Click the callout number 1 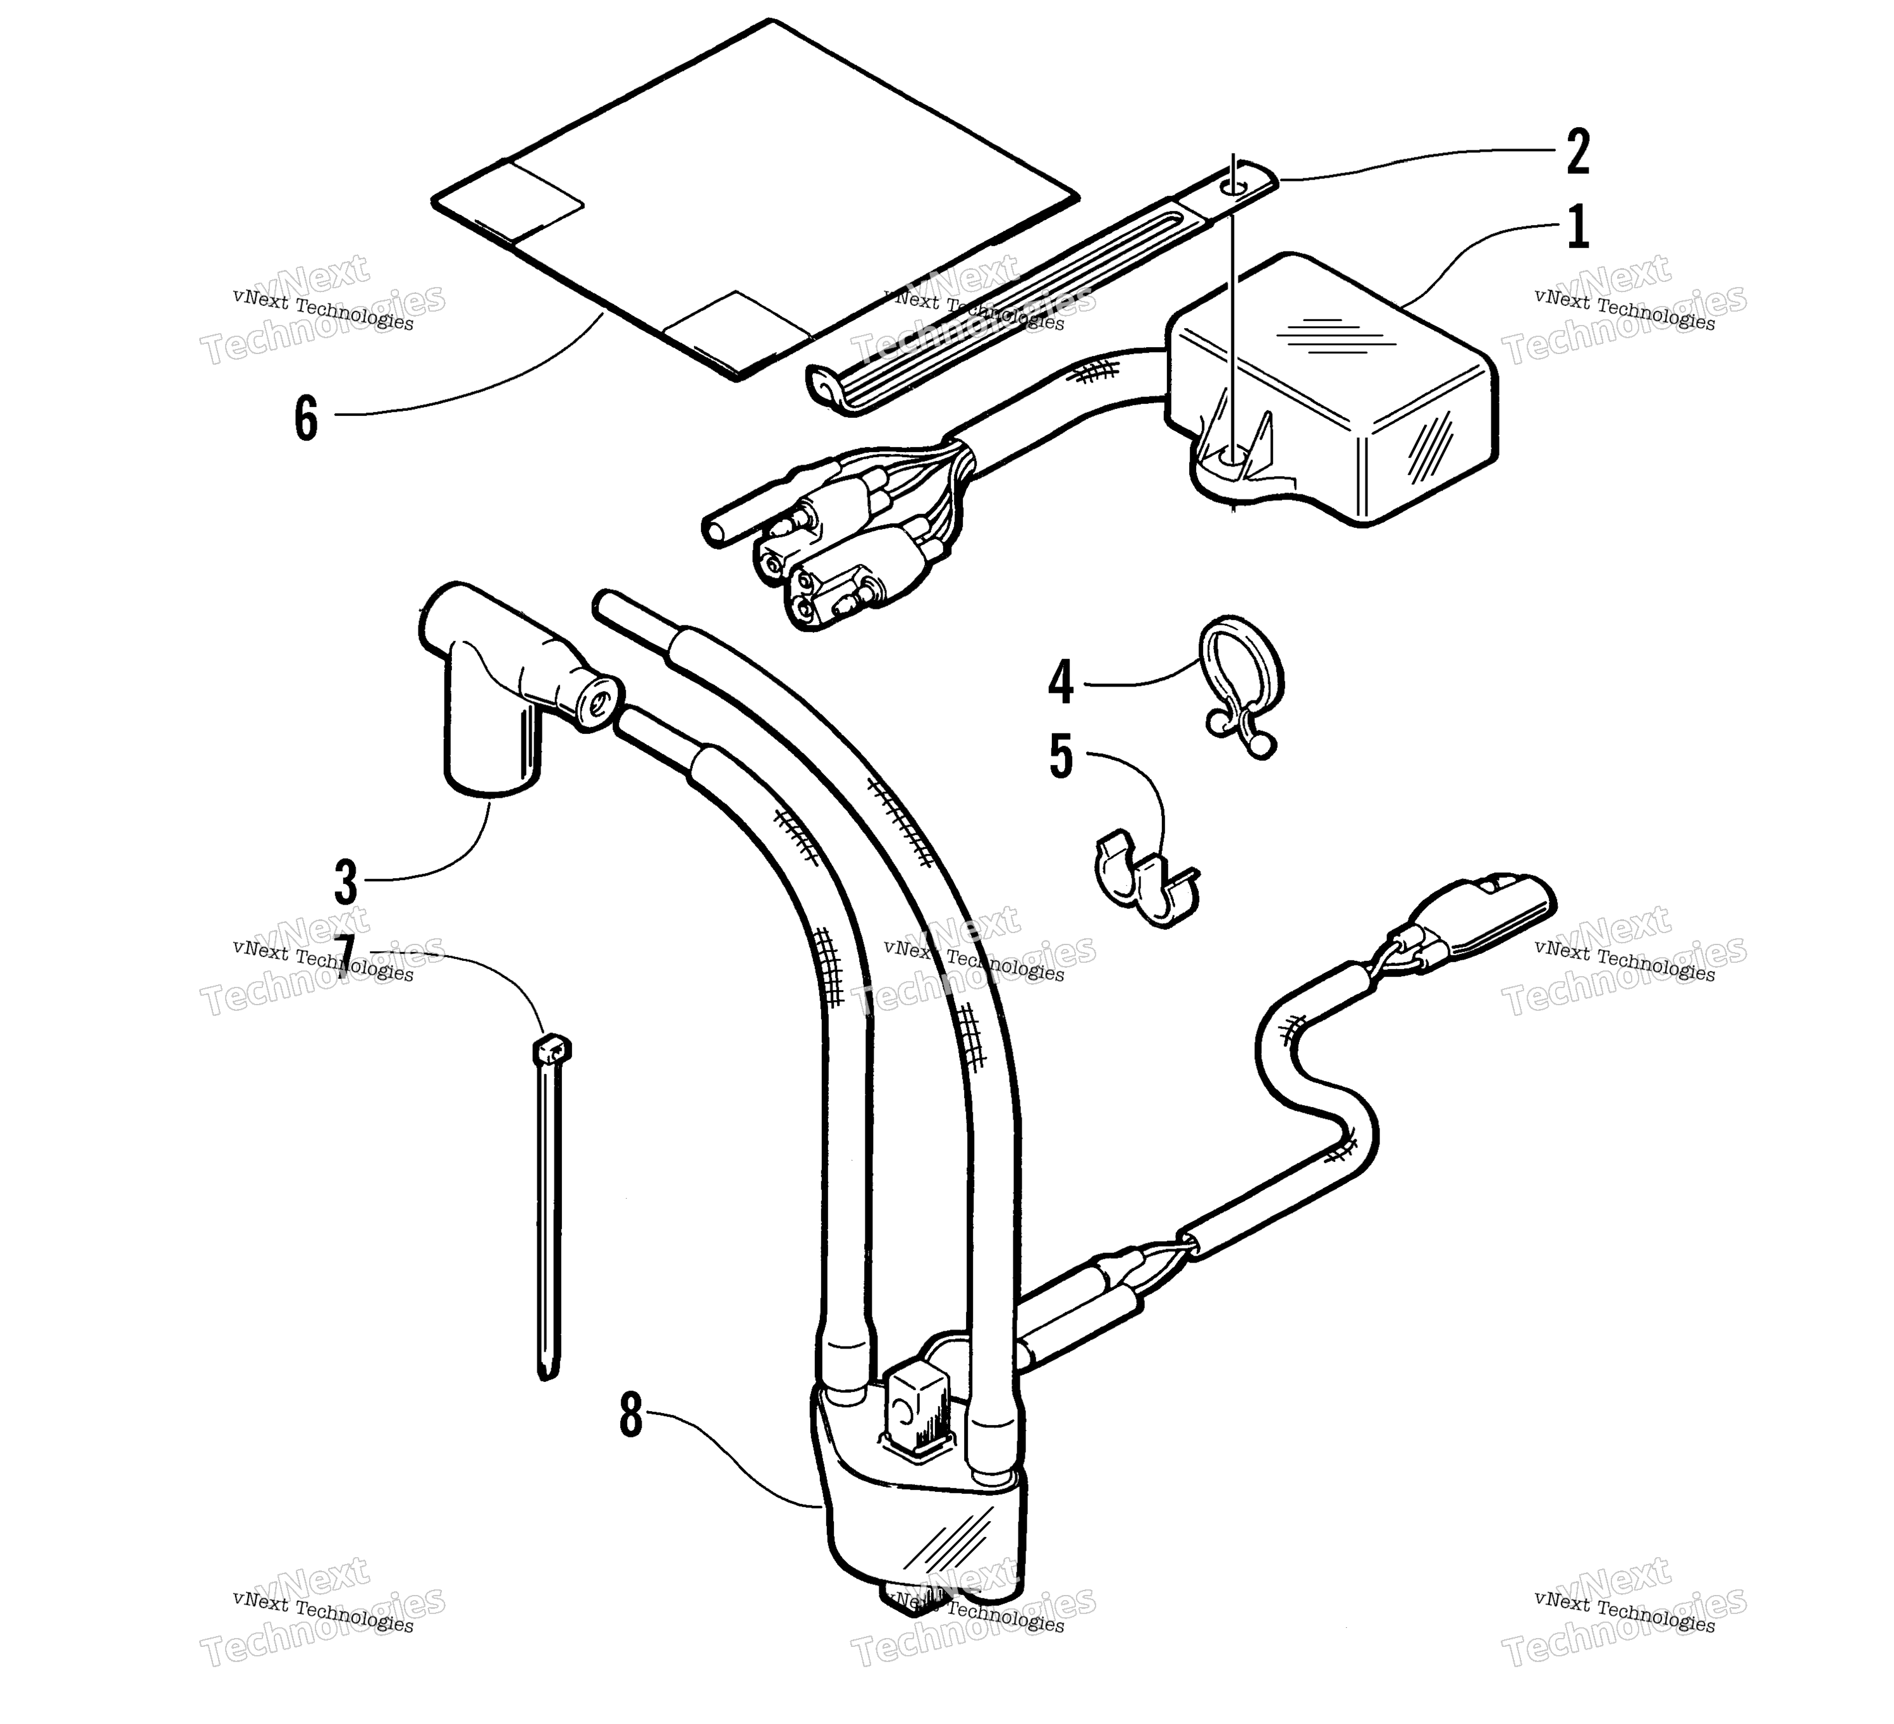click(x=1579, y=228)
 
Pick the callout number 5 click(x=1061, y=757)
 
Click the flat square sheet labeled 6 click(x=754, y=199)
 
